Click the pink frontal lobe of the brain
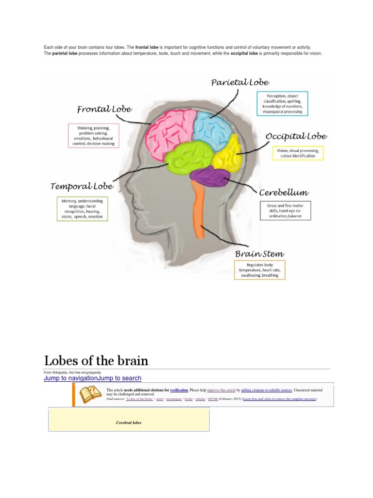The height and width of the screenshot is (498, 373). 170,131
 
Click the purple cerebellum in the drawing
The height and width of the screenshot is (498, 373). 210,178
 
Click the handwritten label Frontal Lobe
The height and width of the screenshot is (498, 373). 104,109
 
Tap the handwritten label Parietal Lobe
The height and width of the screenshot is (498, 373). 240,82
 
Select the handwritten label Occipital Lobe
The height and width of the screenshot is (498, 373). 296,136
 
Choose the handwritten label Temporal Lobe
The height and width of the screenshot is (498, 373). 82,186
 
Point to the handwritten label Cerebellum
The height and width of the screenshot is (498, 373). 284,193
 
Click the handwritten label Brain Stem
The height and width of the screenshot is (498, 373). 259,253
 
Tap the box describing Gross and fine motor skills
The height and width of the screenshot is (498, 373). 285,211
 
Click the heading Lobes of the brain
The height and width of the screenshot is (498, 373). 96,360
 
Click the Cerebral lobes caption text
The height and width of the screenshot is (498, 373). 128,423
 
